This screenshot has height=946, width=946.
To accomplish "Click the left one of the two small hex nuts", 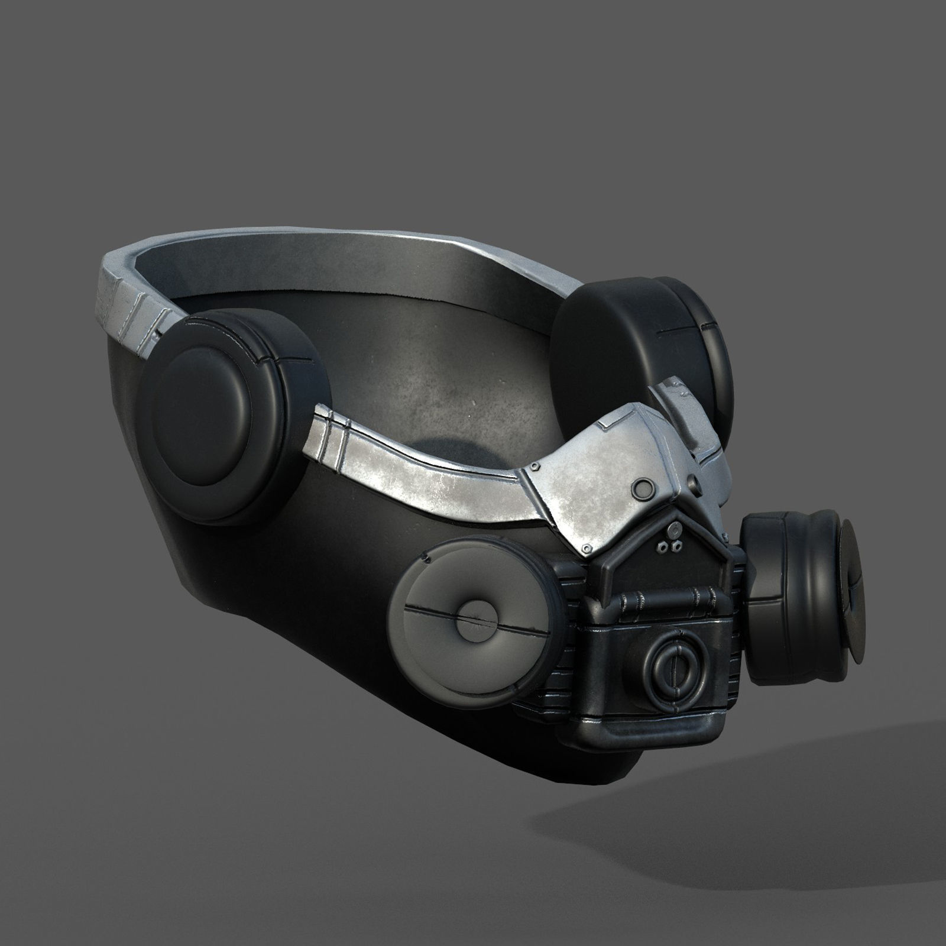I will (x=664, y=546).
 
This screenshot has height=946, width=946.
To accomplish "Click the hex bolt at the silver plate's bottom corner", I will (x=585, y=550).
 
